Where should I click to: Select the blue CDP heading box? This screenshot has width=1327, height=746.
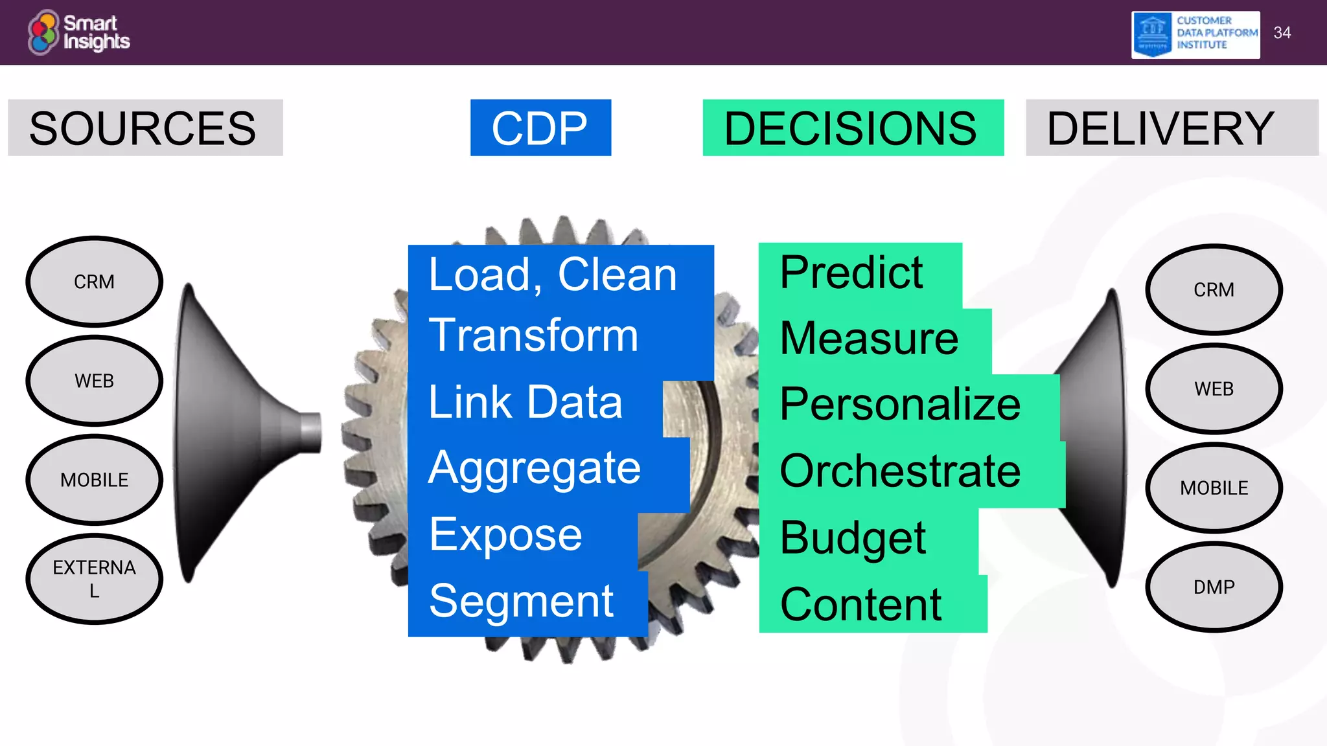pos(540,128)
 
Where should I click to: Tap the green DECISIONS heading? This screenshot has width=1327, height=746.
pos(853,128)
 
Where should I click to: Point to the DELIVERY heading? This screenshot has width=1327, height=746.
pos(1171,128)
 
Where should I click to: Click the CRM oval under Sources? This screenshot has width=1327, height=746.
pos(95,282)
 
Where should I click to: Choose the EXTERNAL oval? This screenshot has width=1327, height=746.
pos(95,579)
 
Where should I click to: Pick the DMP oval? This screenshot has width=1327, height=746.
pos(1214,587)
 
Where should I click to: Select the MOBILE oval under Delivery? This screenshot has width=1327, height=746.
pos(1214,488)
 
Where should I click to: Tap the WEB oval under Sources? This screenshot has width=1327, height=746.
pos(95,381)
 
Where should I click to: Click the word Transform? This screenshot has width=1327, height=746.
pos(533,335)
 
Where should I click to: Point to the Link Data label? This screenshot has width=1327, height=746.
pos(525,402)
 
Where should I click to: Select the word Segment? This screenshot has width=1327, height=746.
pos(521,601)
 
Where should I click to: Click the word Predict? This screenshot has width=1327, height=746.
pos(851,272)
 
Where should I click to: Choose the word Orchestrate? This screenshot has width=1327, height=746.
pos(900,471)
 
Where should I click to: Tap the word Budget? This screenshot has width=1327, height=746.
pos(853,538)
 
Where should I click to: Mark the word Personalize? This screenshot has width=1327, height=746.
pos(900,404)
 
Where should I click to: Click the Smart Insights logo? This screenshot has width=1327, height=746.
pos(79,32)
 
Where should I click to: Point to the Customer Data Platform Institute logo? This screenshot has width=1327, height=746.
pos(1195,34)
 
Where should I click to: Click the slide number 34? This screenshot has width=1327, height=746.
pos(1282,33)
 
